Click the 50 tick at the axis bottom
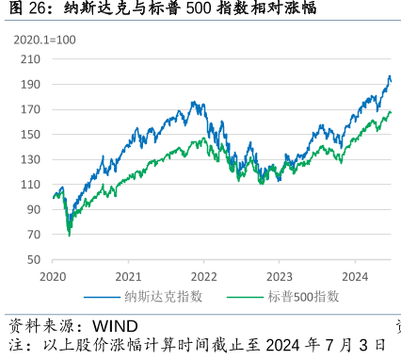33,259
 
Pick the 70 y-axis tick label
33,234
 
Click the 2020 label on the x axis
54,277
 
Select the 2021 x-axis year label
128,277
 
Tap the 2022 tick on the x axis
203,277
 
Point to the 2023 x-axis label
279,277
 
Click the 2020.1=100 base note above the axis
45,40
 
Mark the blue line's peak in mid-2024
390,77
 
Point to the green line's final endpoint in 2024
391,112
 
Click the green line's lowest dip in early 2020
69,234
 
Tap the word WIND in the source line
114,326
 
